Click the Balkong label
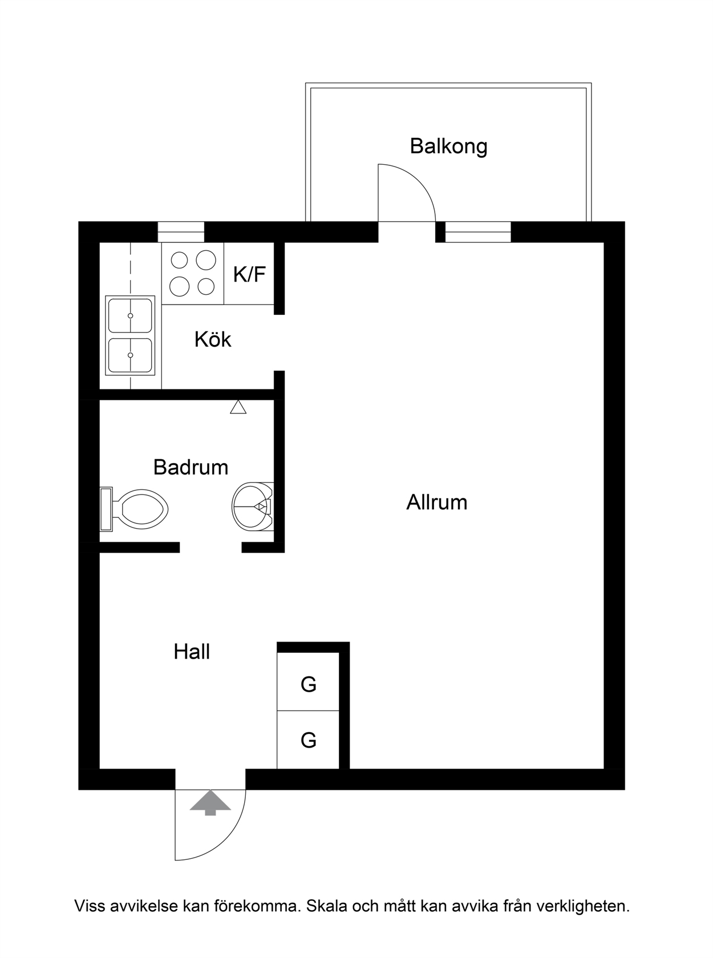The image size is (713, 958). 448,147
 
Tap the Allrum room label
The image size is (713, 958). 437,502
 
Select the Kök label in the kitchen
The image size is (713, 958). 213,339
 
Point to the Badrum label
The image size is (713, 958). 191,468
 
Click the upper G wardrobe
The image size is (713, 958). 308,684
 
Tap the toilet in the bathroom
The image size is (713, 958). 134,509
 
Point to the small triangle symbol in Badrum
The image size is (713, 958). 238,407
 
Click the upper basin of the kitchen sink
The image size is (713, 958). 130,316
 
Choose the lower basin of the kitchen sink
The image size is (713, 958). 130,355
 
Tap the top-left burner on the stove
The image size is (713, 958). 179,260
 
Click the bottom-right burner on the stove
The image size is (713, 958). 206,286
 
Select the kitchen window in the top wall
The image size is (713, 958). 181,232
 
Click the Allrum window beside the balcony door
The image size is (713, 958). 478,232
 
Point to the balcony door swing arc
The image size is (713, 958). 418,181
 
